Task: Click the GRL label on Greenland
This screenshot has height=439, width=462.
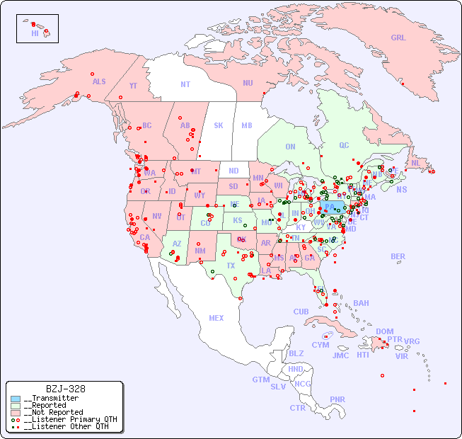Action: click(x=398, y=38)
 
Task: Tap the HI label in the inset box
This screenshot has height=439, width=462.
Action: click(x=35, y=33)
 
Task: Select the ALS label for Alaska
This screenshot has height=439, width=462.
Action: click(x=99, y=81)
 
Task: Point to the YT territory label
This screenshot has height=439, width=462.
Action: click(x=133, y=86)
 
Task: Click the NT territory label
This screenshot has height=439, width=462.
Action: click(x=185, y=84)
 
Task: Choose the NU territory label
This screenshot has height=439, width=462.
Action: click(x=248, y=83)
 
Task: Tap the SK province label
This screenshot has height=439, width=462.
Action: click(x=219, y=125)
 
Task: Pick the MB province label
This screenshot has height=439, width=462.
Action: click(x=247, y=125)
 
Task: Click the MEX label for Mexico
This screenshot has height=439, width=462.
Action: click(x=216, y=318)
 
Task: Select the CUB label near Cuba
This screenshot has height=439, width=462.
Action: click(x=301, y=312)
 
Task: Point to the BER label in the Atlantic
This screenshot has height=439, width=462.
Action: click(x=398, y=256)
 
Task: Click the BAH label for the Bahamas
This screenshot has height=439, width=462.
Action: click(x=361, y=303)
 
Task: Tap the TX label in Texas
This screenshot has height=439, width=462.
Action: click(x=231, y=266)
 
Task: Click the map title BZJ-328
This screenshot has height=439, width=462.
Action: click(x=65, y=389)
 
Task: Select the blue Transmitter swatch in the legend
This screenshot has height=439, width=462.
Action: click(x=16, y=399)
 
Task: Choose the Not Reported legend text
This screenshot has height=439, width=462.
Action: click(x=53, y=412)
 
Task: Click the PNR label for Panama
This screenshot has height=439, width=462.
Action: click(x=337, y=399)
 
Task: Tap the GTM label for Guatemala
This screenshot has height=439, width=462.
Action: click(x=260, y=380)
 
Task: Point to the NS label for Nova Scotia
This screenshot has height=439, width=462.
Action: click(x=401, y=189)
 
